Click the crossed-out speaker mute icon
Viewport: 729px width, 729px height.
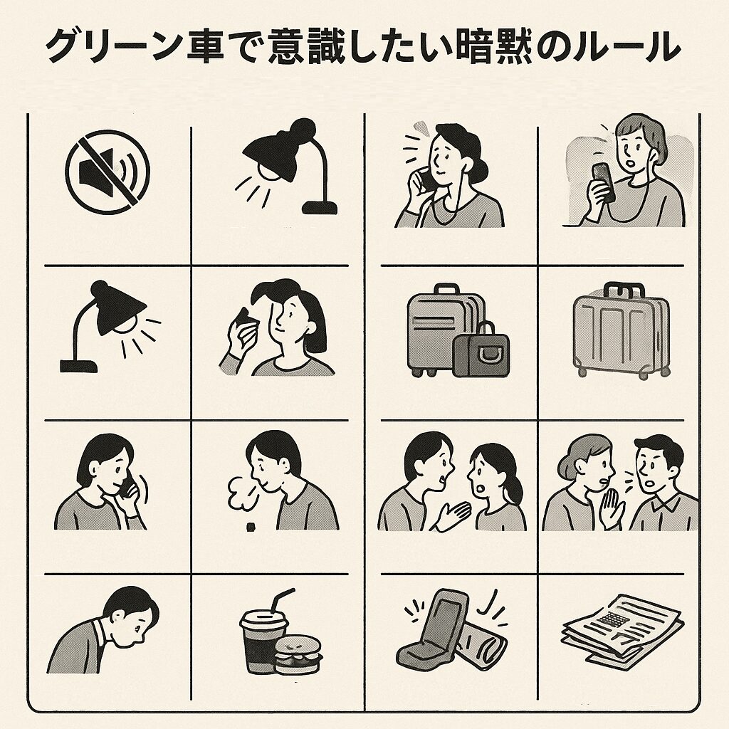tap(107, 172)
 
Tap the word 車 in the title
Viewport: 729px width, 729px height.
tap(206, 46)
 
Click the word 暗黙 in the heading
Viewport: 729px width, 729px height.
tap(494, 46)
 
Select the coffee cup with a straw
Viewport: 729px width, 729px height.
tap(261, 637)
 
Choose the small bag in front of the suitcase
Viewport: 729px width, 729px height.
tap(481, 349)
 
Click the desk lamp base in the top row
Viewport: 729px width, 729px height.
tap(319, 207)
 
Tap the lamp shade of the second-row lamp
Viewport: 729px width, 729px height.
tap(119, 307)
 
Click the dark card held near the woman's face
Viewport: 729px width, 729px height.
tap(246, 320)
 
